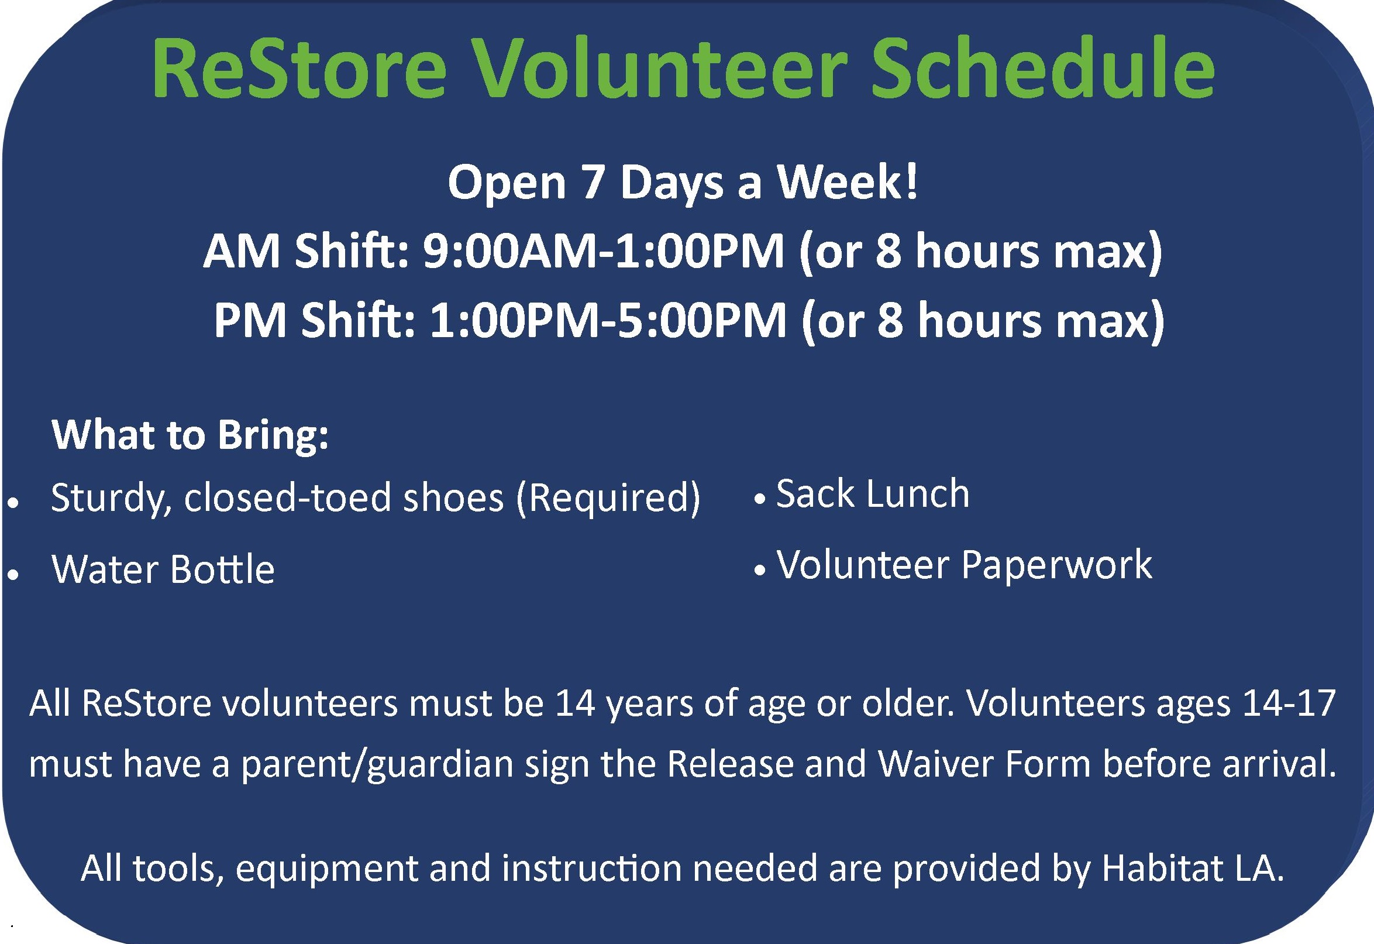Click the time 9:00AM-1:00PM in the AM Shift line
tap(602, 252)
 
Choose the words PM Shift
tap(314, 321)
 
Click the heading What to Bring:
tap(190, 436)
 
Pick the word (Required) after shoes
tap(608, 497)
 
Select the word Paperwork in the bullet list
tap(1056, 566)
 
